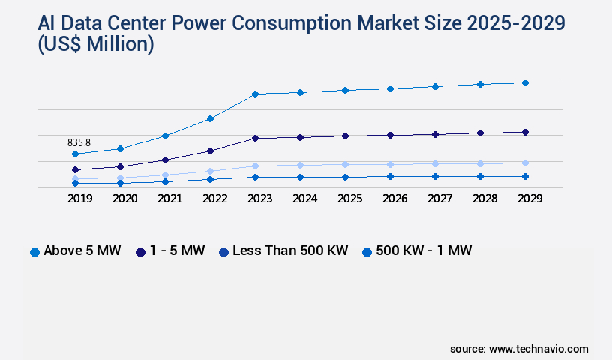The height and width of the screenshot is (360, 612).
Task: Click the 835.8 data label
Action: pyautogui.click(x=79, y=142)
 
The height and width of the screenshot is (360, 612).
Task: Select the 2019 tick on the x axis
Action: pyautogui.click(x=75, y=199)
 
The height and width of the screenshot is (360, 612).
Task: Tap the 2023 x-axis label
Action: pyautogui.click(x=255, y=199)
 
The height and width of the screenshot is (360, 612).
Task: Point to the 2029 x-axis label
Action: pyautogui.click(x=525, y=199)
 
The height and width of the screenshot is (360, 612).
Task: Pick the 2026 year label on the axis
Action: pyautogui.click(x=390, y=199)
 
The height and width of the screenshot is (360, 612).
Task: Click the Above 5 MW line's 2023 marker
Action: pyautogui.click(x=255, y=94)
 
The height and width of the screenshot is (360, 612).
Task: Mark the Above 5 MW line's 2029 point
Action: pyautogui.click(x=525, y=82)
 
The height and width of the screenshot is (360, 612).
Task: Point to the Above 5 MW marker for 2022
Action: pyautogui.click(x=210, y=118)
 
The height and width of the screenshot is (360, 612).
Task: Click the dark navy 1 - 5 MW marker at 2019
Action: pyautogui.click(x=75, y=169)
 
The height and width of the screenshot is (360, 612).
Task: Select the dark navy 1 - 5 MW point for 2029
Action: pyautogui.click(x=525, y=132)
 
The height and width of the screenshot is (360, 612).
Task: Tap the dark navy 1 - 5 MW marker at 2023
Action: pyautogui.click(x=255, y=138)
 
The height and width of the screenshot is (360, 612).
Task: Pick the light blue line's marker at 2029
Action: pyautogui.click(x=525, y=163)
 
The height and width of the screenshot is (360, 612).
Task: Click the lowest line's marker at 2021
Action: pyautogui.click(x=165, y=181)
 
